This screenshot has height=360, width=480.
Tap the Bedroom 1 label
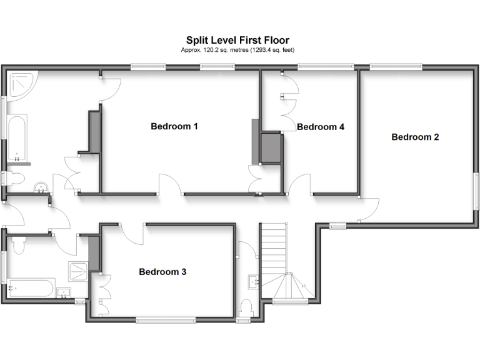174,126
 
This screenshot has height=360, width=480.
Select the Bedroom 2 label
415,137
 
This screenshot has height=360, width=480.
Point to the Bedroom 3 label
162,272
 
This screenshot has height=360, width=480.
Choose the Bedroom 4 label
320,127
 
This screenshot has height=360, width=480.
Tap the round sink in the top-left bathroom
41,187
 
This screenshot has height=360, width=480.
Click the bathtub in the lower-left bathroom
31,289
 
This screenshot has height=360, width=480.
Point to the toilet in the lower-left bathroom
17,245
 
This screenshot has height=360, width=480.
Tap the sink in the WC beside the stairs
254,281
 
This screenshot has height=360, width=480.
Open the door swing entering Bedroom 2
369,210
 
